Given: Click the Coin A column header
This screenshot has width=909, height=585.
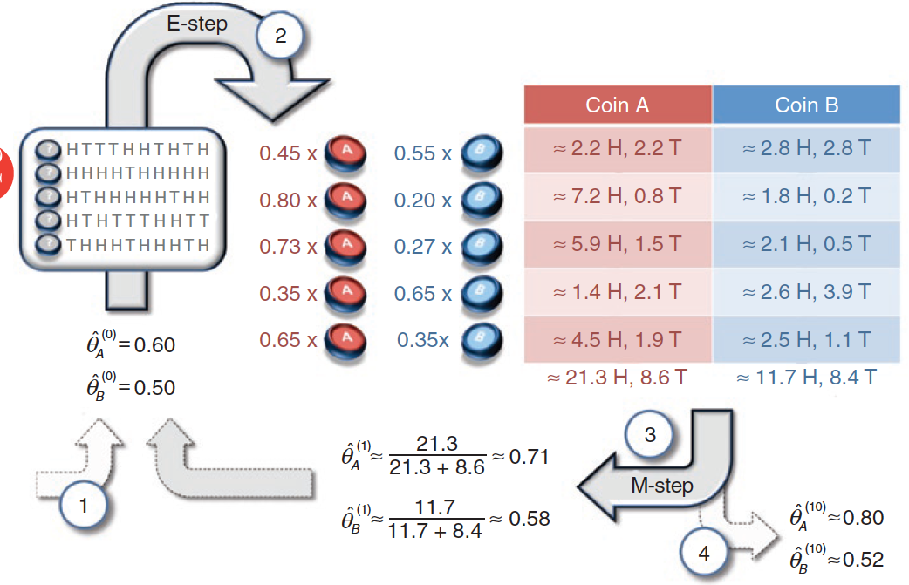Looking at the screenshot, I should [x=618, y=105].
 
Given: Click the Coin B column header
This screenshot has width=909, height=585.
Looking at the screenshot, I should [x=806, y=105].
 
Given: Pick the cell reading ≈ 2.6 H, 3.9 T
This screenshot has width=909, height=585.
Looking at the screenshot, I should [x=806, y=293].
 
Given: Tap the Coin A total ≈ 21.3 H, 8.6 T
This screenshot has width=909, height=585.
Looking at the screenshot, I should [x=618, y=378].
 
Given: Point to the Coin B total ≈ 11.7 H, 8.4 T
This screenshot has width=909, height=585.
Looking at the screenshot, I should [x=806, y=378].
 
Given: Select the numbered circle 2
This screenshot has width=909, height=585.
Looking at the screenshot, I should [x=279, y=37].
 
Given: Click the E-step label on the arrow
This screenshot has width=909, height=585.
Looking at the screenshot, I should [x=197, y=24].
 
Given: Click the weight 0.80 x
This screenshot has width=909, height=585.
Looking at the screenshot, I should [x=288, y=201].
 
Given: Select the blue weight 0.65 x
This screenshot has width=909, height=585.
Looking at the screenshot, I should [x=422, y=294].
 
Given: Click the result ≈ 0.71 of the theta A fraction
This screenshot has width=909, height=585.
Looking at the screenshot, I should [x=528, y=457].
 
